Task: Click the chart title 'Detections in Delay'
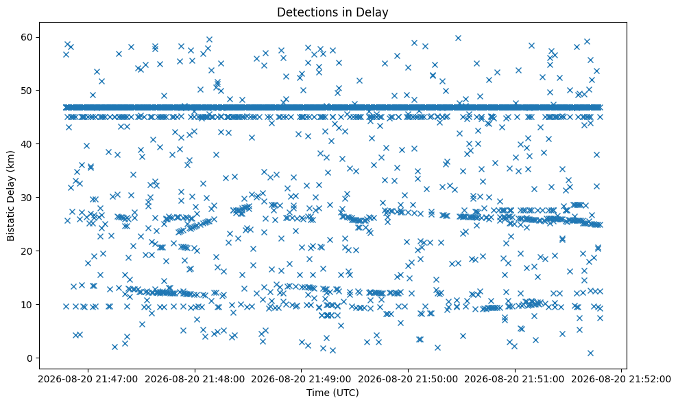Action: click(332, 12)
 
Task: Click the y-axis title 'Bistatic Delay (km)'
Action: click(11, 196)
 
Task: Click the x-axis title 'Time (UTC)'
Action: click(332, 393)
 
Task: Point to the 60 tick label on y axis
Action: click(27, 37)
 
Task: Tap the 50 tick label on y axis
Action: click(27, 91)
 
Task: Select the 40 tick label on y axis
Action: click(27, 143)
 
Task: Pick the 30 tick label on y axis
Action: click(27, 198)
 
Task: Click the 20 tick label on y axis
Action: click(27, 251)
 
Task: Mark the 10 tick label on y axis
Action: click(27, 305)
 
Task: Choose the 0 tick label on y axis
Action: click(30, 358)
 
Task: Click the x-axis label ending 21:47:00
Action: click(88, 380)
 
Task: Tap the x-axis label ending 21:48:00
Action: click(195, 380)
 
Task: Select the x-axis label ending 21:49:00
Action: click(301, 380)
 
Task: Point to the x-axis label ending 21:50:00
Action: click(408, 380)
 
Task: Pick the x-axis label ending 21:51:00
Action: click(515, 380)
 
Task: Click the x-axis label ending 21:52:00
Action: click(621, 380)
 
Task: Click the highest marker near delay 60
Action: click(458, 38)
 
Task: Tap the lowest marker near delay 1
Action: click(590, 353)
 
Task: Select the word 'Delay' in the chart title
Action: click(374, 12)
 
